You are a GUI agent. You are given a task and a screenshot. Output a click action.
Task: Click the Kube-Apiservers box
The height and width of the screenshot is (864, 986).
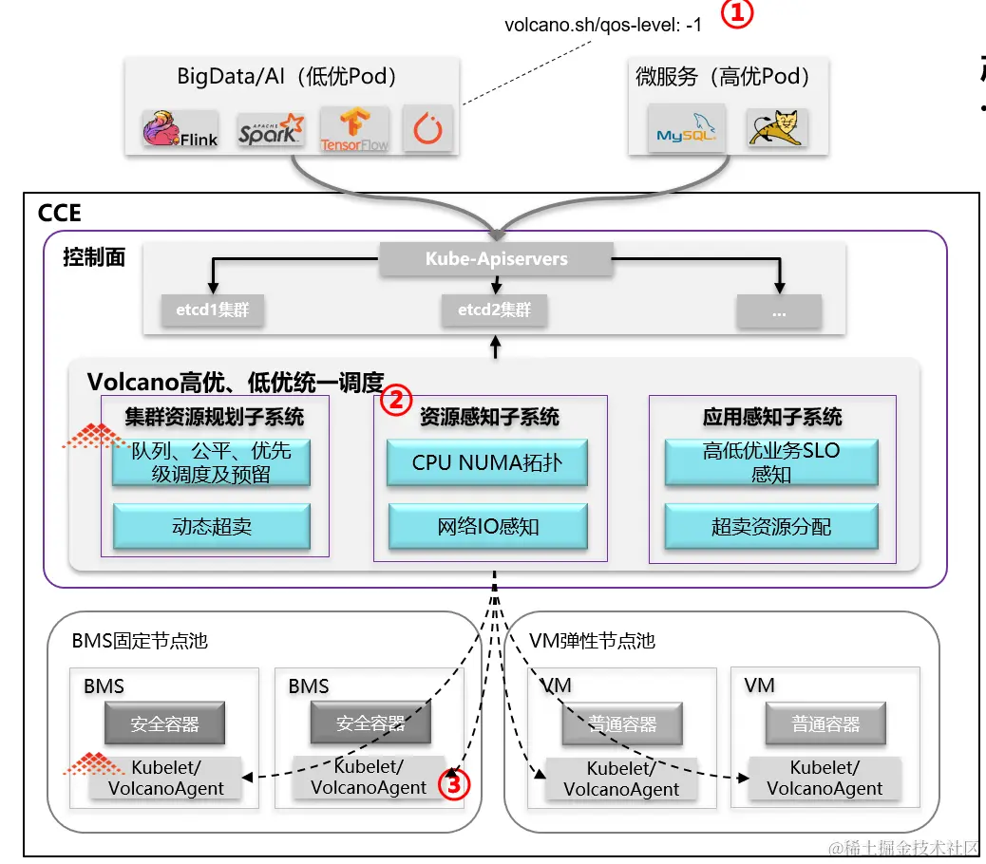coord(497,259)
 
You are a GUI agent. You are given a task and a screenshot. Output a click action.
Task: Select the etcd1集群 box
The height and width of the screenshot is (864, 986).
coord(212,310)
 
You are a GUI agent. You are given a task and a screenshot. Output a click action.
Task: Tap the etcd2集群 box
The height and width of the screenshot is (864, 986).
coord(494,310)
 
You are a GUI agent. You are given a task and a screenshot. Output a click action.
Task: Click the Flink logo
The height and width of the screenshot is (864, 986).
coord(180,129)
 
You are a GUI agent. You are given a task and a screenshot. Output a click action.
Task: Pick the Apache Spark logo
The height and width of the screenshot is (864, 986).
coord(271,129)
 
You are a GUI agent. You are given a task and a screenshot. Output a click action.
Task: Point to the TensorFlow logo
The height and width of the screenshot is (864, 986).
coord(354,129)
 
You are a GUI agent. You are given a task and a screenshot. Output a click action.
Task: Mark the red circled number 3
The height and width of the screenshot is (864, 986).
coord(454,784)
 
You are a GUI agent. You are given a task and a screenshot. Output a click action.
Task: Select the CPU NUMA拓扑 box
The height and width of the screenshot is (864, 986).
coord(486,463)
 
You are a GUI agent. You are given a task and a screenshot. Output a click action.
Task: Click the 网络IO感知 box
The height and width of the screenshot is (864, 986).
coord(488,526)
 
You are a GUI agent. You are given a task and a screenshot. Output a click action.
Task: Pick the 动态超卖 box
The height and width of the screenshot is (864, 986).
coord(212,526)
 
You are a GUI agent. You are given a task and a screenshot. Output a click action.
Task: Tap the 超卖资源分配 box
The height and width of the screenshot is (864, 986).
coord(770,526)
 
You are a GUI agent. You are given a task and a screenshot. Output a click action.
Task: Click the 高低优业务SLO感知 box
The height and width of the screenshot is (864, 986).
coord(770,462)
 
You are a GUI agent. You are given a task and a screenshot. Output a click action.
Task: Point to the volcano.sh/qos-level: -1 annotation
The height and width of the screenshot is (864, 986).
coord(603,26)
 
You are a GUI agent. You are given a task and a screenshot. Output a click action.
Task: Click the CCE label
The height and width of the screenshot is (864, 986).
coord(59,214)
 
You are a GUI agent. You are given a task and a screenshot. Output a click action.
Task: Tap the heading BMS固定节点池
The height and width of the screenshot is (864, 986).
coord(140,641)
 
